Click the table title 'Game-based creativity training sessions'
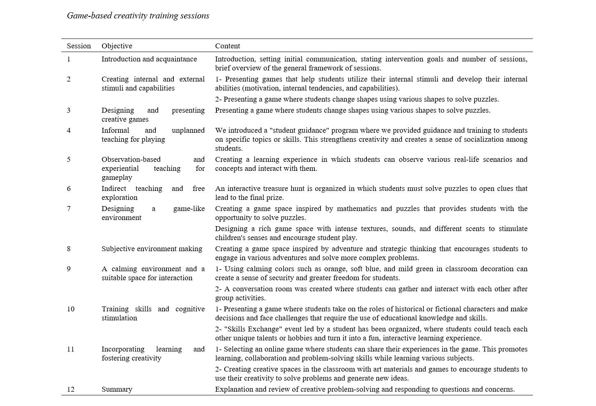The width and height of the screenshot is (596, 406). [138, 16]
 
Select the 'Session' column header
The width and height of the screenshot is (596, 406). [79, 46]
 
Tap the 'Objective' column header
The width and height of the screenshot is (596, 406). [117, 46]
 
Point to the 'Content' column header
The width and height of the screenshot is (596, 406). [227, 46]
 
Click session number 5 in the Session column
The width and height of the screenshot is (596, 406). [69, 159]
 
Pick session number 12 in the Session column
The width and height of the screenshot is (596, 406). [71, 389]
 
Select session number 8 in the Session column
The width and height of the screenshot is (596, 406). [69, 249]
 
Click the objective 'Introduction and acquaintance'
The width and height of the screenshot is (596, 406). [149, 59]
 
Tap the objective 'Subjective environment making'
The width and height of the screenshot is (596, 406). [152, 249]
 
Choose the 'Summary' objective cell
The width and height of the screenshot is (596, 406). [117, 389]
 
